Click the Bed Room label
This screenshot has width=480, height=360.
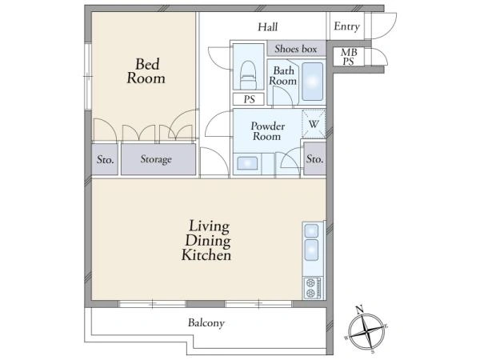(146, 71)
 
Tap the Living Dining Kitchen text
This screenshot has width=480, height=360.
(206, 241)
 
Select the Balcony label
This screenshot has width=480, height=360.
(206, 323)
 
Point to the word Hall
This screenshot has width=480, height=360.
(268, 27)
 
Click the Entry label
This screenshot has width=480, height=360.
(346, 26)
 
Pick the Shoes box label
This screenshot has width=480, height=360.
(296, 49)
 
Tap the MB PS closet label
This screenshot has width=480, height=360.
(349, 57)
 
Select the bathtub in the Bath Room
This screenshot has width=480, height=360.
(312, 82)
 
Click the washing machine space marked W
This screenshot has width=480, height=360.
(314, 124)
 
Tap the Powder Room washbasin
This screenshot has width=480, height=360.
(247, 163)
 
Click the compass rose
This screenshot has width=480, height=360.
(366, 330)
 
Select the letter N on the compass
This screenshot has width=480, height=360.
(360, 310)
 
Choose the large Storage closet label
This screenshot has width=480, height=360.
(156, 159)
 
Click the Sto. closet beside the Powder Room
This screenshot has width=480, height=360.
(314, 159)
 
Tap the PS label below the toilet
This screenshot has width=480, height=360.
(249, 99)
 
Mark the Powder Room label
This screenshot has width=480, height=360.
(267, 131)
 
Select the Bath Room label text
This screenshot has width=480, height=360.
(283, 76)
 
